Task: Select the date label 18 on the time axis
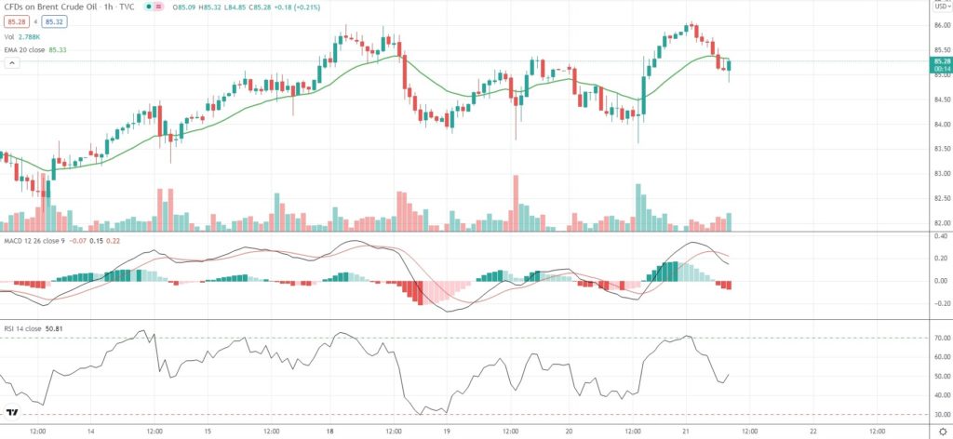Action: click(330, 431)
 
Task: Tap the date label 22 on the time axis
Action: click(812, 431)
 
